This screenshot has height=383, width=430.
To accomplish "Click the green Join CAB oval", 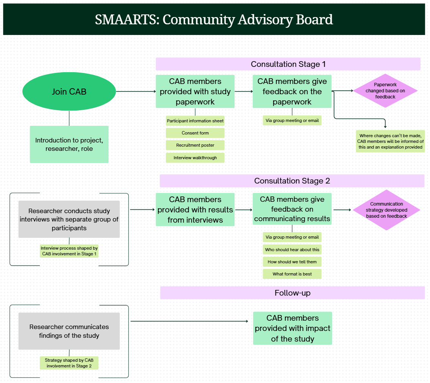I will click(x=69, y=92).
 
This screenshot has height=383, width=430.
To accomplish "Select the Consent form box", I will click(x=195, y=133).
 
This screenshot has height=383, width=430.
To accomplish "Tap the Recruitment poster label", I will click(x=195, y=145).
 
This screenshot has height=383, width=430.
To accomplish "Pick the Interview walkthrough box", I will click(x=195, y=158).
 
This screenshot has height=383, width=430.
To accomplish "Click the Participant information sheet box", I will click(x=195, y=121).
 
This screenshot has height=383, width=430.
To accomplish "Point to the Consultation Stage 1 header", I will click(x=288, y=64).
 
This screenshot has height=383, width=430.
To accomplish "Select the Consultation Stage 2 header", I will click(x=292, y=181).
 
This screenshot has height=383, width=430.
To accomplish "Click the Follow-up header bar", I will click(x=292, y=293).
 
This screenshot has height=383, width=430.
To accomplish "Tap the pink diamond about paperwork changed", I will click(x=385, y=91).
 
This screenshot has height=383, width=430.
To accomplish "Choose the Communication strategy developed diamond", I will click(x=386, y=210).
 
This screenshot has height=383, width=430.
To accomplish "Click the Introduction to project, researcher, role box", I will click(x=69, y=144).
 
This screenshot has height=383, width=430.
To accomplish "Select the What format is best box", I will click(x=292, y=274).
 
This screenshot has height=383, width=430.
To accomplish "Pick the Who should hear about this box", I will click(x=292, y=250).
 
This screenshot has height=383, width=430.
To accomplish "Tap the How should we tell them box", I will click(x=292, y=262).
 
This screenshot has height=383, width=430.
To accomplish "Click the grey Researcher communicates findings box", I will click(x=69, y=331).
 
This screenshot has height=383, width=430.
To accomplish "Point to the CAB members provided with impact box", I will click(x=292, y=328).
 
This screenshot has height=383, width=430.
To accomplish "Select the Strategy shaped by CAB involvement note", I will click(x=69, y=363).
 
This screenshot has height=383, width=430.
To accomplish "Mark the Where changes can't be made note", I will click(x=390, y=141).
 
